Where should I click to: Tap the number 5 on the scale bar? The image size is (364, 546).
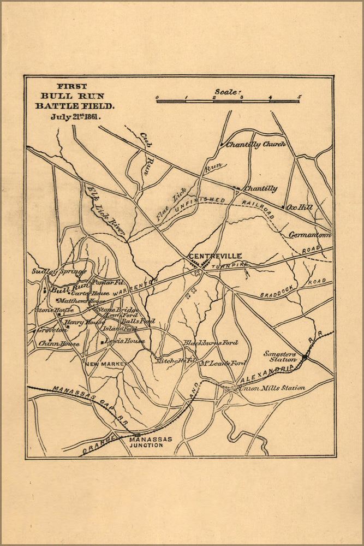pos(299,97)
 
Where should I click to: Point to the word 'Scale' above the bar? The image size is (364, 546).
pos(227,92)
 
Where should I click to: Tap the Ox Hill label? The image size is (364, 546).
pos(300,207)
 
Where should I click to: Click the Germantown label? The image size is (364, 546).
pos(309,235)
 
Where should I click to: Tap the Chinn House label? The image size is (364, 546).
pos(59,343)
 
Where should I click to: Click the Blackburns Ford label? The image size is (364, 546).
pos(211,342)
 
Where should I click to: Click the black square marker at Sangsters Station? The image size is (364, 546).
pos(305,355)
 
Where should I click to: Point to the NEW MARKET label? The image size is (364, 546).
pos(105,363)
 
